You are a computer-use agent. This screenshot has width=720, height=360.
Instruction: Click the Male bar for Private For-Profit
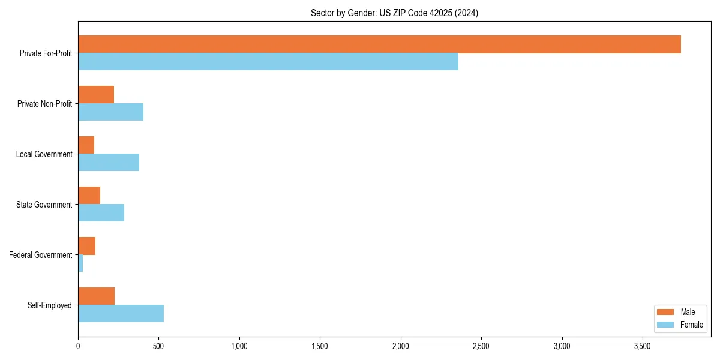tap(379, 44)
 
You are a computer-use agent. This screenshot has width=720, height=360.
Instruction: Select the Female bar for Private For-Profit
tap(268, 62)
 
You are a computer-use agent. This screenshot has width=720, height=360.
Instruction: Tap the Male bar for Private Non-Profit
tap(96, 95)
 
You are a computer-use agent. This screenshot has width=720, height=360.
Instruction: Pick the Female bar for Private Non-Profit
tap(110, 112)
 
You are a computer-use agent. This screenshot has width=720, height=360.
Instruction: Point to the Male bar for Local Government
tap(86, 145)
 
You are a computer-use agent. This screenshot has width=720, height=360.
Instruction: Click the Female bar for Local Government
tap(109, 163)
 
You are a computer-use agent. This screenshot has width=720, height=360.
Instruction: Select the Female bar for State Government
tap(101, 213)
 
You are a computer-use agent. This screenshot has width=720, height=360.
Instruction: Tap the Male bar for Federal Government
tap(86, 246)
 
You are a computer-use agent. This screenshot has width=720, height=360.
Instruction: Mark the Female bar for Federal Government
tap(80, 263)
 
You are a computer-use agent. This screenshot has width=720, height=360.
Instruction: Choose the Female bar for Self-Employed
tap(121, 314)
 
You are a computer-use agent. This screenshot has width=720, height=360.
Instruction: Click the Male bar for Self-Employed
tap(96, 296)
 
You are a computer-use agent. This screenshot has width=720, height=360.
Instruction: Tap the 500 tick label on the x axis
tap(158, 346)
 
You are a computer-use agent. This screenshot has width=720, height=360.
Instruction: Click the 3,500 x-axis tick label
tap(643, 346)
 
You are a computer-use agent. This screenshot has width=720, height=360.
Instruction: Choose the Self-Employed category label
tap(49, 305)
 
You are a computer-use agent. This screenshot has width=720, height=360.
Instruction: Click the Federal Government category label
tap(40, 255)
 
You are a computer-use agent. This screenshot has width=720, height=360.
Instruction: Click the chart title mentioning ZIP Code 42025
tap(394, 13)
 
